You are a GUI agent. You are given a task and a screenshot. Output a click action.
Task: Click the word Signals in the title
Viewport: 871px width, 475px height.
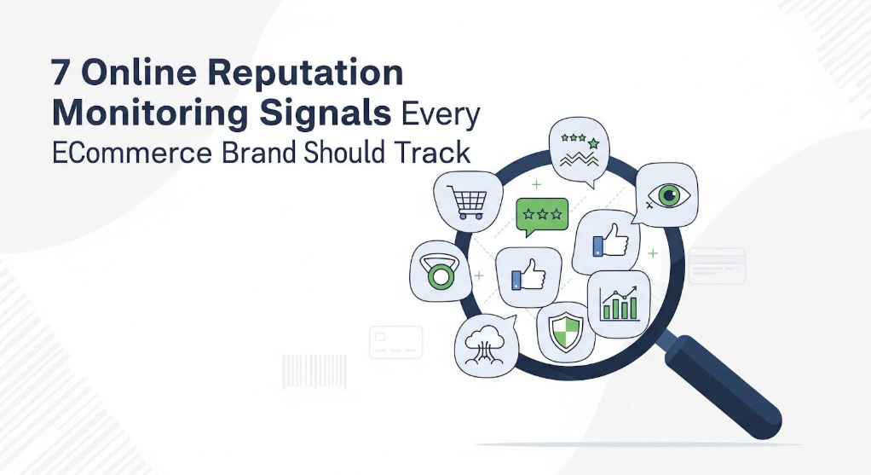click(x=325, y=113)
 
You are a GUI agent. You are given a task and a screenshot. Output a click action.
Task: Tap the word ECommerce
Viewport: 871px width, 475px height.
click(x=131, y=154)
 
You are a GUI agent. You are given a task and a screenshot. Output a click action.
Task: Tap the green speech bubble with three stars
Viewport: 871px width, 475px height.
click(x=542, y=217)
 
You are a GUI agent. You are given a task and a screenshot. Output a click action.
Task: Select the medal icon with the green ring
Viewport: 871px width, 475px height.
click(x=441, y=271)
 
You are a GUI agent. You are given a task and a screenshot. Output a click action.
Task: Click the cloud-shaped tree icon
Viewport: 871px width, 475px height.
click(x=485, y=345)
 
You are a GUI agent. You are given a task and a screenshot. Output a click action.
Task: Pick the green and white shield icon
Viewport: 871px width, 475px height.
click(x=566, y=331)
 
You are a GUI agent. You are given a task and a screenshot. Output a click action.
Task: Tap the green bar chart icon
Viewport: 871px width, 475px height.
click(x=619, y=304)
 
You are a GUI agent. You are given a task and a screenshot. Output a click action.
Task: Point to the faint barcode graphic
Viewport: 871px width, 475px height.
click(x=314, y=372)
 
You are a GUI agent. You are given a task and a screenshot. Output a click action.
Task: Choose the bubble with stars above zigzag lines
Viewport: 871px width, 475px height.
click(x=580, y=151)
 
